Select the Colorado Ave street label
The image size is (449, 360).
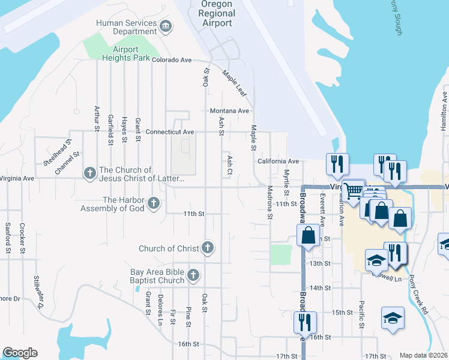pyautogui.click(x=171, y=60)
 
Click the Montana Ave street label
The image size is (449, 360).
pyautogui.click(x=229, y=111)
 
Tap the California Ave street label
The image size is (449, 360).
pyautogui.click(x=278, y=161)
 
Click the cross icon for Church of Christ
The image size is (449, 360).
pyautogui.click(x=208, y=247)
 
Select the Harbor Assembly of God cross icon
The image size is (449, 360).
pyautogui.click(x=154, y=203)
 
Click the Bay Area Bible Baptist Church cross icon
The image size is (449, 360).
pyautogui.click(x=193, y=275)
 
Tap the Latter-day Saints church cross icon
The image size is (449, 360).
pyautogui.click(x=90, y=173)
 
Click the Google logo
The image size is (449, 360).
pyautogui.click(x=20, y=353)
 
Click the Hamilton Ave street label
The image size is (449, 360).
pyautogui.click(x=444, y=112)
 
